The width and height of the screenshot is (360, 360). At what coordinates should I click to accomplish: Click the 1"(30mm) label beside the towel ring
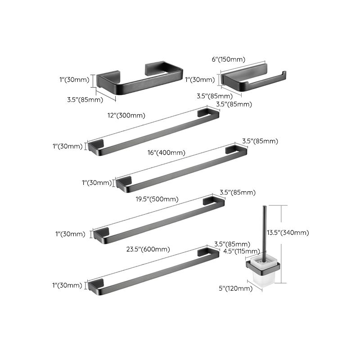click(x=75, y=80)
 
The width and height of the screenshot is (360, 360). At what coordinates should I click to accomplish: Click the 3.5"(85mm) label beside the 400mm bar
click(x=261, y=141)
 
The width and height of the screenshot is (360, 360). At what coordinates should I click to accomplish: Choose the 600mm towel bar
click(x=148, y=270)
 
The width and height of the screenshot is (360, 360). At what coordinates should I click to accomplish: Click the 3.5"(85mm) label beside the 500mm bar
click(x=237, y=193)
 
